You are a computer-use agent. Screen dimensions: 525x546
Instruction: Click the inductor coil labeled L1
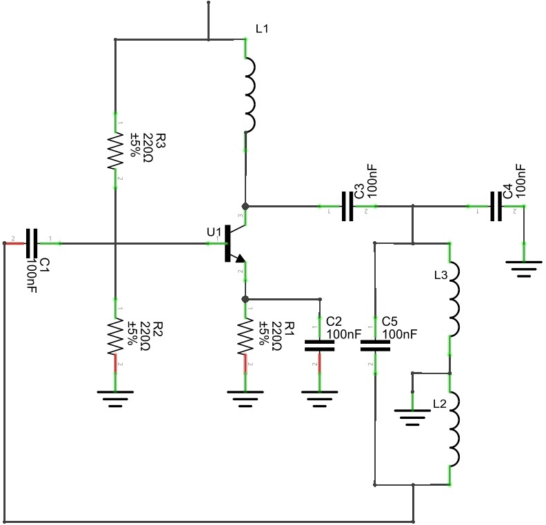pyautogui.click(x=248, y=94)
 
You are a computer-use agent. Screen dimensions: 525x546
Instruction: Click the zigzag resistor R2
pyautogui.click(x=114, y=336)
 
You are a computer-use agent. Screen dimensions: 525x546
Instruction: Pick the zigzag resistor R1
pyautogui.click(x=245, y=336)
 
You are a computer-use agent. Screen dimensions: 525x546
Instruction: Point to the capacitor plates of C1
pyautogui.click(x=31, y=243)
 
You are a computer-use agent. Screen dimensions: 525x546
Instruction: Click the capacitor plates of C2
pyautogui.click(x=319, y=344)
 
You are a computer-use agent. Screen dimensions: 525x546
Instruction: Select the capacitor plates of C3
pyautogui.click(x=349, y=205)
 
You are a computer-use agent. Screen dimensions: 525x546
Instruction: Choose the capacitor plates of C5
pyautogui.click(x=374, y=344)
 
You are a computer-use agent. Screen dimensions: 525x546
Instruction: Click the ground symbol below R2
pyautogui.click(x=114, y=398)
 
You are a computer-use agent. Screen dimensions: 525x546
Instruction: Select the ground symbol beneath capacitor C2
pyautogui.click(x=319, y=398)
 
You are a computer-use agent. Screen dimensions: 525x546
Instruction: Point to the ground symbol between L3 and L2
pyautogui.click(x=412, y=415)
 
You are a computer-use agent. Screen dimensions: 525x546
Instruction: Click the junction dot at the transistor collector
pyautogui.click(x=245, y=206)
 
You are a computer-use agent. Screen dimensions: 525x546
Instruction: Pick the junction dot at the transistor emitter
pyautogui.click(x=245, y=299)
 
